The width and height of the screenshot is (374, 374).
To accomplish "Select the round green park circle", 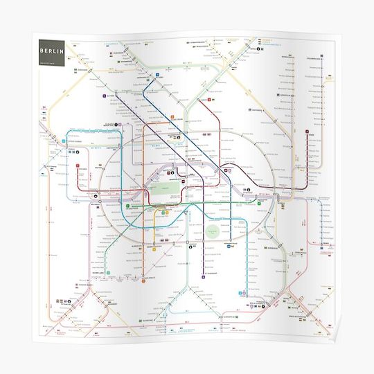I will point(213,233).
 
